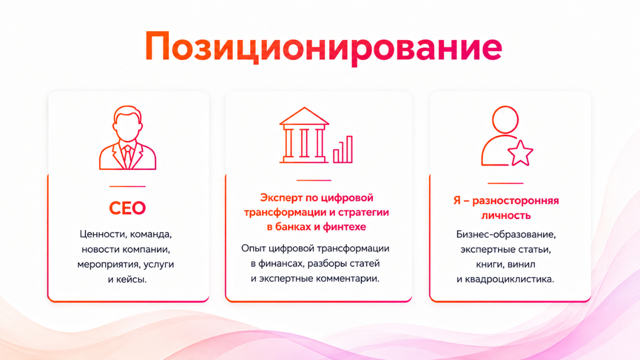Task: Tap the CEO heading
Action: coord(127,208)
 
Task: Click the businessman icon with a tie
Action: coord(127,137)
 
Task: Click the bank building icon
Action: coord(304,135)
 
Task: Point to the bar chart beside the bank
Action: coord(343,149)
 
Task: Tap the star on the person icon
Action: coord(520,153)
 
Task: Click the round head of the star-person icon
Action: coord(505,119)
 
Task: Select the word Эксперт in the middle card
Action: coord(281,197)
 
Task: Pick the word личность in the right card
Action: coord(506,215)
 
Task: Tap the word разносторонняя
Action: coord(515,201)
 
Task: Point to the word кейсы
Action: coord(131,279)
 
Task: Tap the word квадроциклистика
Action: coord(509,279)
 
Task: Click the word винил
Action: coord(521,264)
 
